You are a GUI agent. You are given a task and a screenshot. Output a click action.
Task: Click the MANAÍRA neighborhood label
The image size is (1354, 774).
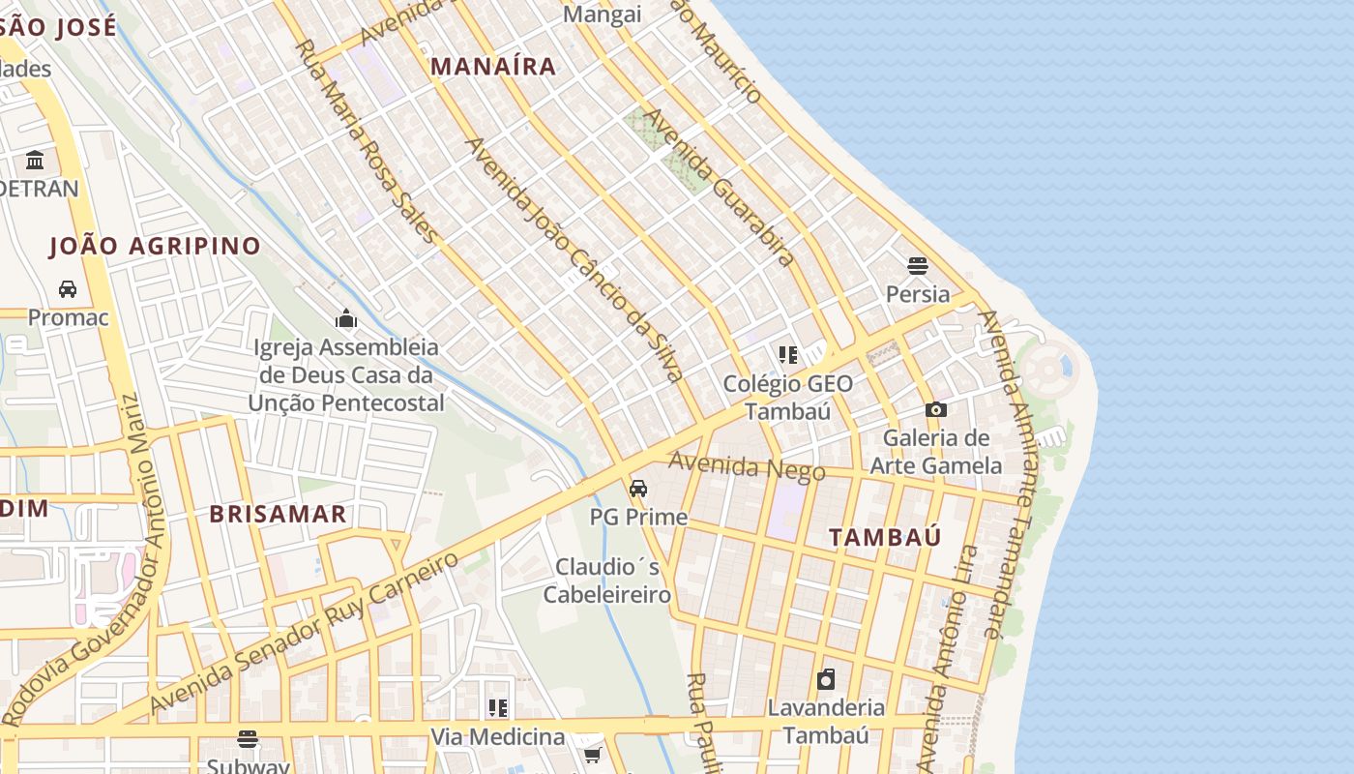click(x=493, y=66)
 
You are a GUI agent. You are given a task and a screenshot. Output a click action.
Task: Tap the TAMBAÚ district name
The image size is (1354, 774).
click(x=885, y=538)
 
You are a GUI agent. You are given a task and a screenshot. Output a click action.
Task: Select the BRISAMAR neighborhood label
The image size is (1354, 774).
click(x=279, y=514)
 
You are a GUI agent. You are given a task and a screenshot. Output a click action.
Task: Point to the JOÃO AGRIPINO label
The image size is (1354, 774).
click(x=156, y=246)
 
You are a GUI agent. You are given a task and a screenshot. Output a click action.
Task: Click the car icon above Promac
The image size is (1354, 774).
click(x=68, y=289)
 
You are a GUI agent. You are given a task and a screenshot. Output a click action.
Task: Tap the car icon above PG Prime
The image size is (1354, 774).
click(x=638, y=489)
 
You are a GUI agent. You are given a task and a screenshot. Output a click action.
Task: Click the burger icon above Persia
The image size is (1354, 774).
click(x=918, y=266)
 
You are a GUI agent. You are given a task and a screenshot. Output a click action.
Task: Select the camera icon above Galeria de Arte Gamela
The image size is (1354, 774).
click(x=935, y=410)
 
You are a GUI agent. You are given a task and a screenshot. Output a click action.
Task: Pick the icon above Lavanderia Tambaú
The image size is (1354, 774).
click(x=826, y=679)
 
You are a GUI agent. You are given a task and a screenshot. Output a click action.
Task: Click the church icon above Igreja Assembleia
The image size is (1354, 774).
click(x=346, y=318)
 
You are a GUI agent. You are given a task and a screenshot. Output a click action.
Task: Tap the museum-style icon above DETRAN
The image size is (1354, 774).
click(x=36, y=160)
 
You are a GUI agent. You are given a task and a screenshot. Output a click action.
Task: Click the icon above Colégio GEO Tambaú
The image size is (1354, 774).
click(x=787, y=355)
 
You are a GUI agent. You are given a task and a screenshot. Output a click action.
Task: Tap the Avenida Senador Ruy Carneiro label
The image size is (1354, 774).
click(x=305, y=634)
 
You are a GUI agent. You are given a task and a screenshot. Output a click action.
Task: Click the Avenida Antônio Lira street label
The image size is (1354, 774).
click(x=947, y=658)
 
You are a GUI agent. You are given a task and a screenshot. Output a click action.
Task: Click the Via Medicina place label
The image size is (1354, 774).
click(x=498, y=736)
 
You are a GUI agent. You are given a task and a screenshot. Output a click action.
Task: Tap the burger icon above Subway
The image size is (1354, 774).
click(x=248, y=739)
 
